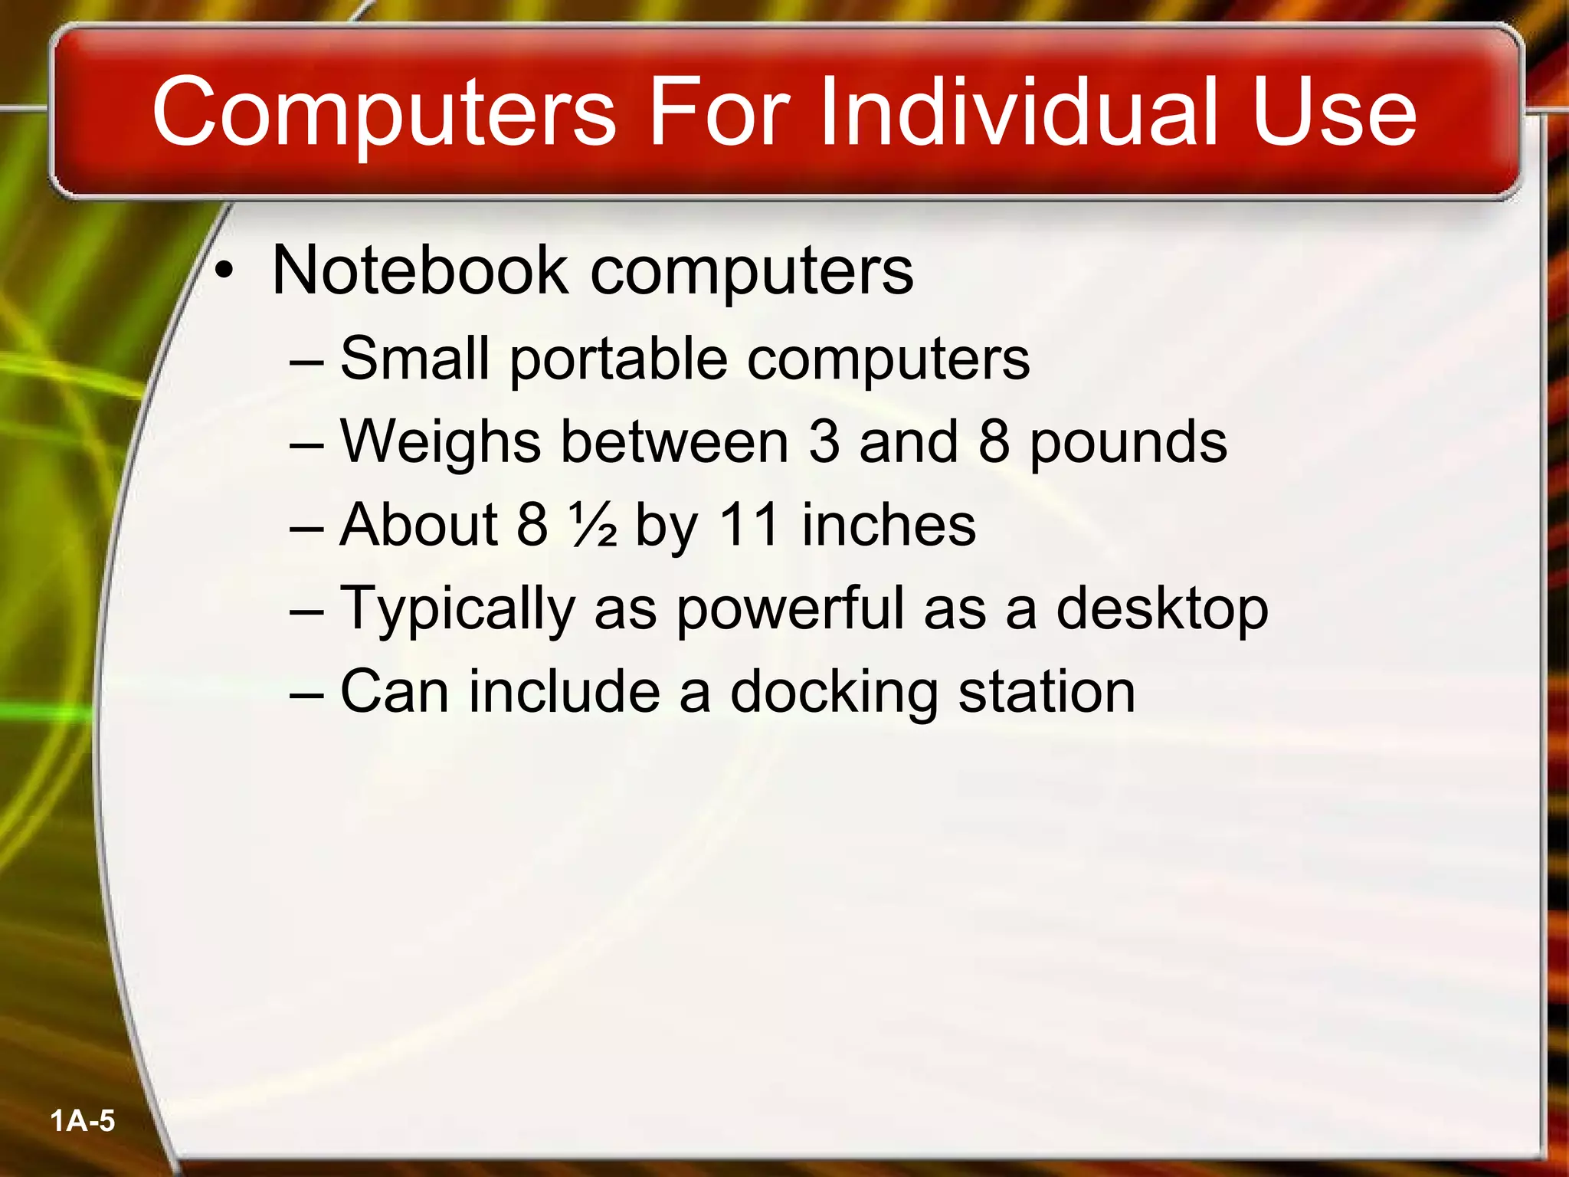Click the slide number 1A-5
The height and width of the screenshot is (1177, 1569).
coord(82,1121)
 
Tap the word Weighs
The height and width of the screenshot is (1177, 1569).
coord(441,443)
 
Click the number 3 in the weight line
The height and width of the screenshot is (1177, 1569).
coord(824,442)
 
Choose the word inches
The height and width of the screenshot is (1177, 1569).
coord(889,526)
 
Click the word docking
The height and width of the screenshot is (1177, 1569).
coord(834,693)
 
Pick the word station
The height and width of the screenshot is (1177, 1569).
coord(1047,692)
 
